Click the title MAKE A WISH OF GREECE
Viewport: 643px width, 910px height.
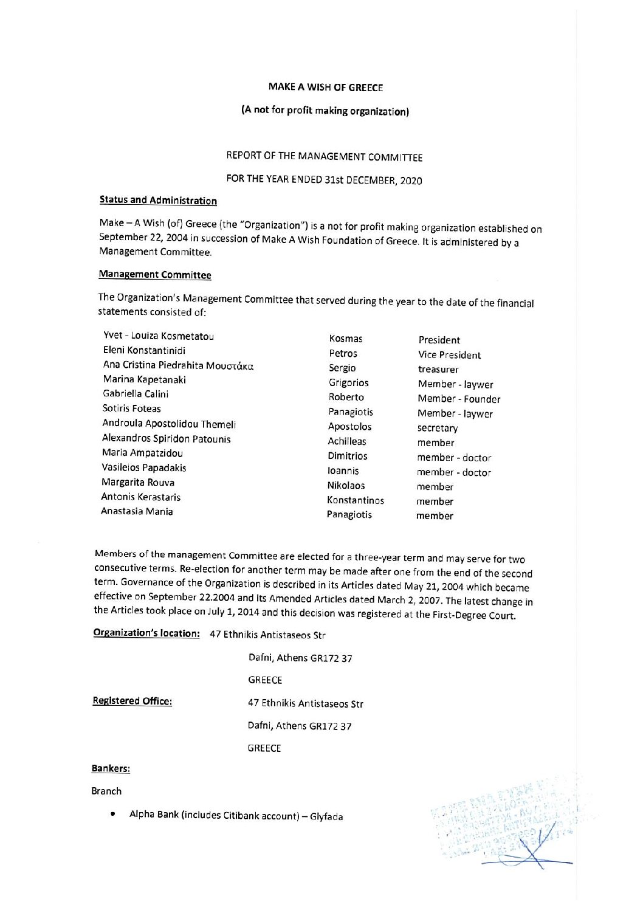coord(326,88)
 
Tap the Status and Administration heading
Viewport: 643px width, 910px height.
coord(157,200)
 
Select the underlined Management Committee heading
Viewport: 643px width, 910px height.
coord(154,275)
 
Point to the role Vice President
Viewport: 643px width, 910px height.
coord(449,355)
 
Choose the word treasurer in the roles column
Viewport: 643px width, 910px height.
coord(438,370)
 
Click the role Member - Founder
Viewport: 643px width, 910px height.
coord(459,399)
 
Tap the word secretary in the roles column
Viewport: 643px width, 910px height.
coord(438,429)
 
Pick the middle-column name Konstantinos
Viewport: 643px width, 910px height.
coord(356,500)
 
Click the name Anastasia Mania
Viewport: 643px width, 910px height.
coord(137,511)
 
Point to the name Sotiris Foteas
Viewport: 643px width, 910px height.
coord(132,408)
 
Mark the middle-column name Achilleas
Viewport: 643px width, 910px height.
coord(347,441)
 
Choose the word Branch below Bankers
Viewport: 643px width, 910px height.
coord(106,791)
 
